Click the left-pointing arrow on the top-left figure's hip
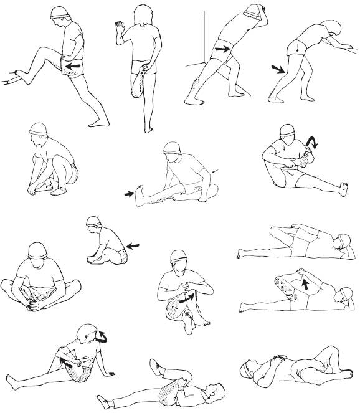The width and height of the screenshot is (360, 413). pos(74,65)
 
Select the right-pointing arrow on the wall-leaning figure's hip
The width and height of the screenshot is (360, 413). pos(222,49)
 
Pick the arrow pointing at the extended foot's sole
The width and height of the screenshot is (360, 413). pos(129,194)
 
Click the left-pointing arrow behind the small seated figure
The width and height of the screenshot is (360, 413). pos(133,245)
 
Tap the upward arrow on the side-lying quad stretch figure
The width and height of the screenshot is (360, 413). pos(305,285)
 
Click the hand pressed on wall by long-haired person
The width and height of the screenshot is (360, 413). pos(119,27)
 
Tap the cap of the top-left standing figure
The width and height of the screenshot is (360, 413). pos(60,12)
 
